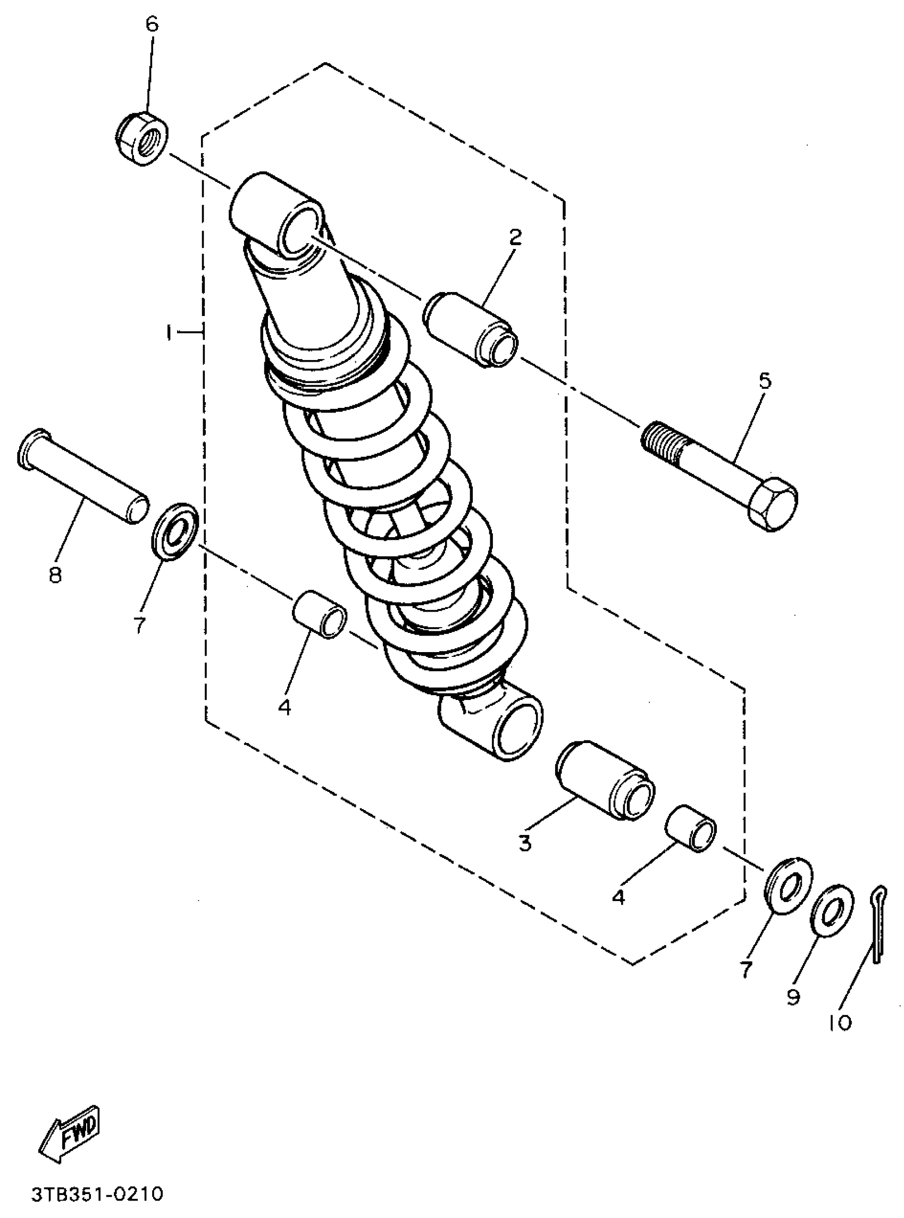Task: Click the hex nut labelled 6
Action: tap(143, 137)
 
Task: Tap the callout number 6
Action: tap(152, 24)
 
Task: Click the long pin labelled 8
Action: tap(82, 475)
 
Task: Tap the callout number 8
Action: tap(55, 574)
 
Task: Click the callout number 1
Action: tap(170, 332)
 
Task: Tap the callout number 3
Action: tap(525, 843)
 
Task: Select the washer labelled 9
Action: tap(831, 910)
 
